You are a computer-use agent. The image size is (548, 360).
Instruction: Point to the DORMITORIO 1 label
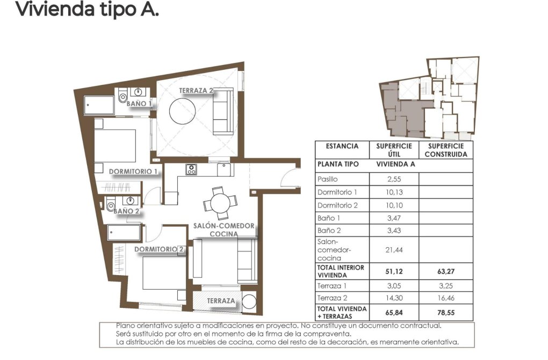[x=133, y=172]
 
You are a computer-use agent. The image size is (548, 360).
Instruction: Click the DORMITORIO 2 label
[x=160, y=249]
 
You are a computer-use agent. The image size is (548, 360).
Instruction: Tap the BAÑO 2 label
[x=126, y=211]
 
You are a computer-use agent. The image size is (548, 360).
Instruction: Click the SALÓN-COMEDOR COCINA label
[x=224, y=230]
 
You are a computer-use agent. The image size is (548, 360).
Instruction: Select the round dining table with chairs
[x=219, y=203]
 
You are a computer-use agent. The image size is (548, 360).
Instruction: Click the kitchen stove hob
[x=191, y=170]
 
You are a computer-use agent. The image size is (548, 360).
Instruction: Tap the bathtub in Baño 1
[x=99, y=105]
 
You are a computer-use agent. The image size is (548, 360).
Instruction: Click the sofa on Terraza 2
[x=223, y=112]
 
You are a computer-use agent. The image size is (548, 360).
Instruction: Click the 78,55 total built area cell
[x=445, y=313]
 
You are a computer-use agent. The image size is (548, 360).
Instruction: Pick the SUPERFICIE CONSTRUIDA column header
[x=445, y=150]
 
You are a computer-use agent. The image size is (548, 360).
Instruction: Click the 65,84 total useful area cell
[x=394, y=313]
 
